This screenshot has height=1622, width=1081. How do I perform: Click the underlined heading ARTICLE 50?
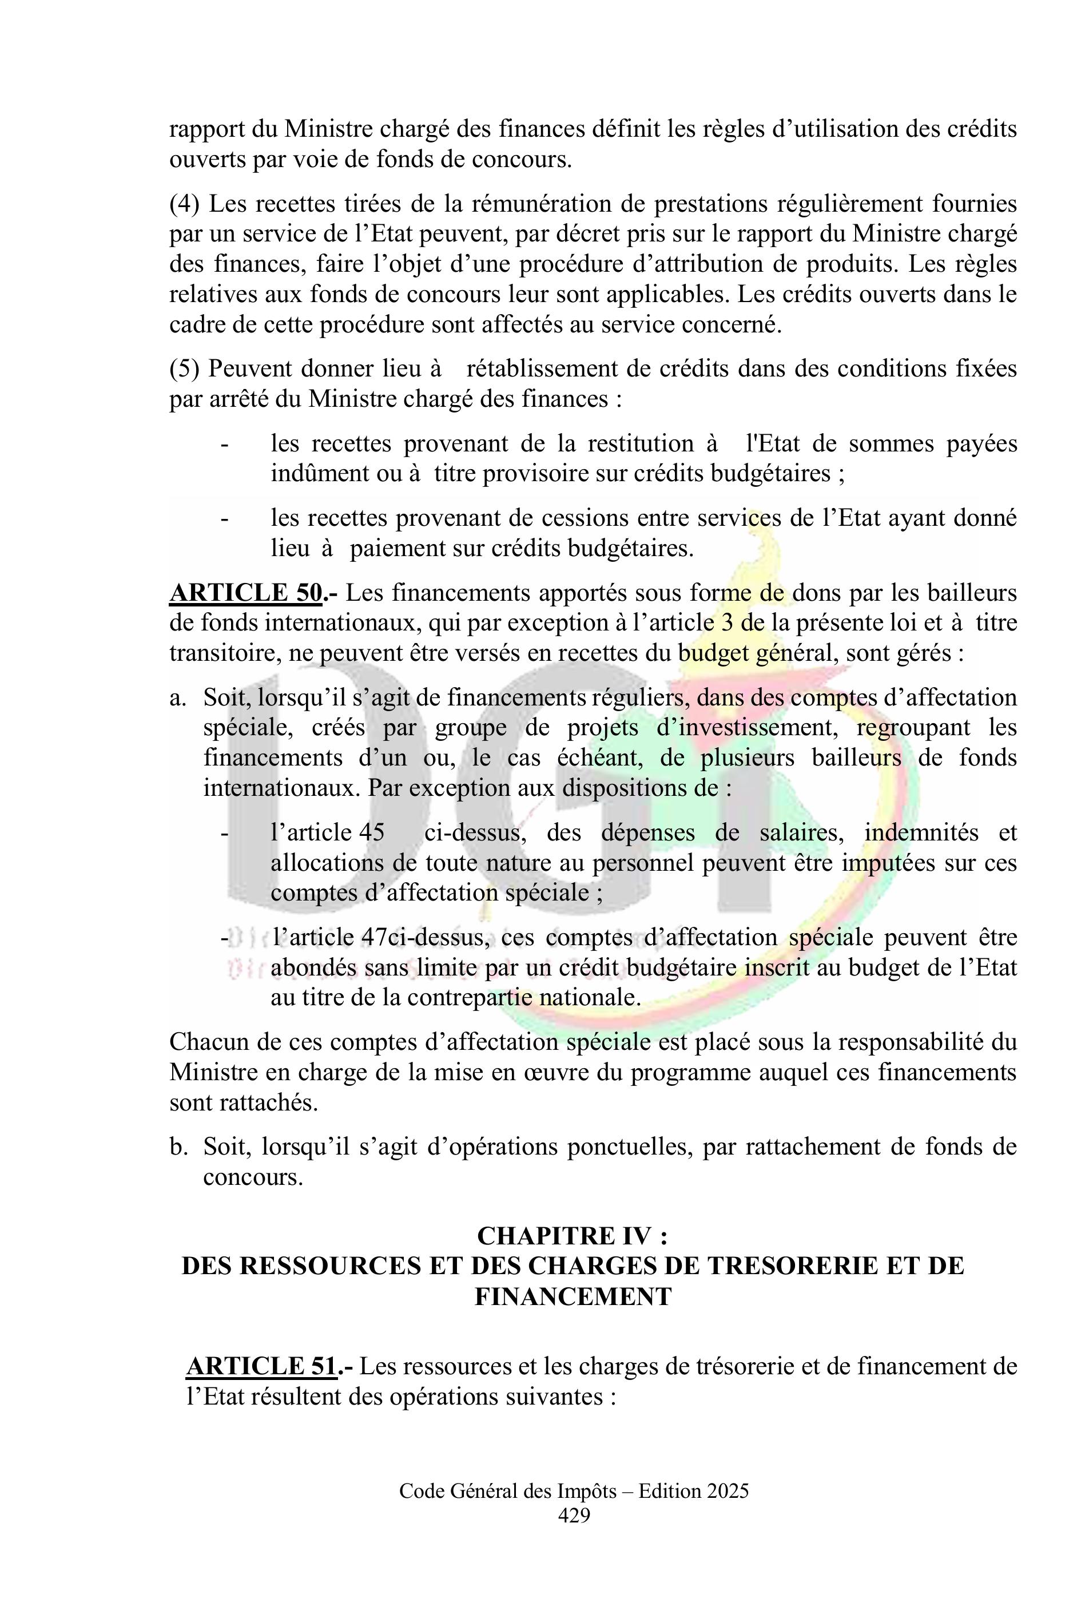tap(245, 593)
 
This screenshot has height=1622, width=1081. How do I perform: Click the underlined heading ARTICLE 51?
tap(262, 1366)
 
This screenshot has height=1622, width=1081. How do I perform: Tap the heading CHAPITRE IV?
tap(571, 1236)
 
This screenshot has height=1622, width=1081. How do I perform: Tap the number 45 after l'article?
tap(372, 832)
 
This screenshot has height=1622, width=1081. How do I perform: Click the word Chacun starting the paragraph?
tap(208, 1042)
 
